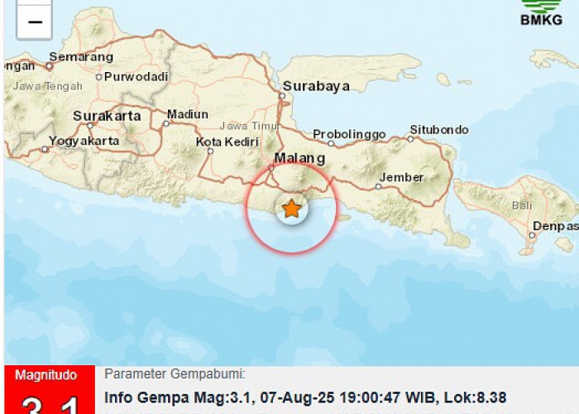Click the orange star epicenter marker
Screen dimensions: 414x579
[x=291, y=209]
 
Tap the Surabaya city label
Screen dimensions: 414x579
[x=316, y=86]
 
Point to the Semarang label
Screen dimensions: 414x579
[x=80, y=57]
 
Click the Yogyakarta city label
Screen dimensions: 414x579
[x=84, y=141]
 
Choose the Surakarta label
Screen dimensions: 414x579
[x=107, y=117]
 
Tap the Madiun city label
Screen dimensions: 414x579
[x=187, y=114]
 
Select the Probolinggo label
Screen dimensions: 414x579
[x=349, y=134]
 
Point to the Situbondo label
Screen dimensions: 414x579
[x=438, y=130]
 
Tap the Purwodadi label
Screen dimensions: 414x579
[x=132, y=76]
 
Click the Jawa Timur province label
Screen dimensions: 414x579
[x=246, y=126]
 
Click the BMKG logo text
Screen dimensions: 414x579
[x=541, y=20]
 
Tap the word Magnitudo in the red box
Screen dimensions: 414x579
[x=46, y=376]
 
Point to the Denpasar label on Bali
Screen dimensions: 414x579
[x=557, y=226]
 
